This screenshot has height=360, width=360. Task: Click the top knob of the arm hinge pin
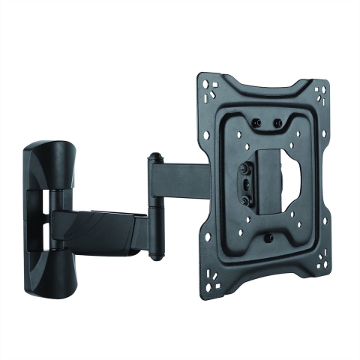154,158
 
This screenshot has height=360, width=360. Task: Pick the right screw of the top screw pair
279,122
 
